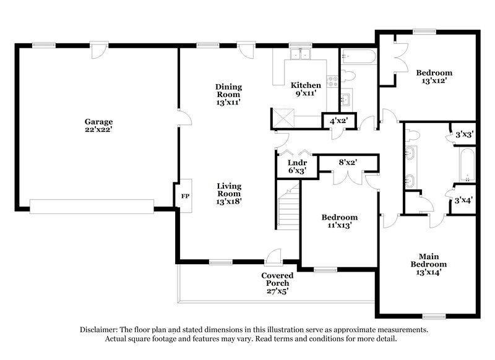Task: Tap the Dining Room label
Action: pos(228,94)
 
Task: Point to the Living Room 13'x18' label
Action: pos(228,193)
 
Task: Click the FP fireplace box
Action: pos(184,195)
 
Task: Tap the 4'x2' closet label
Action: pos(338,121)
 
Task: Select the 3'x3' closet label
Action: pos(464,134)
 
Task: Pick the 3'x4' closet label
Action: pos(464,200)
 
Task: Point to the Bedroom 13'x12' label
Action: pos(433,76)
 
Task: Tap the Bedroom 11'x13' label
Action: pos(340,221)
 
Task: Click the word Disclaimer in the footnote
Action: pos(101,330)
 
